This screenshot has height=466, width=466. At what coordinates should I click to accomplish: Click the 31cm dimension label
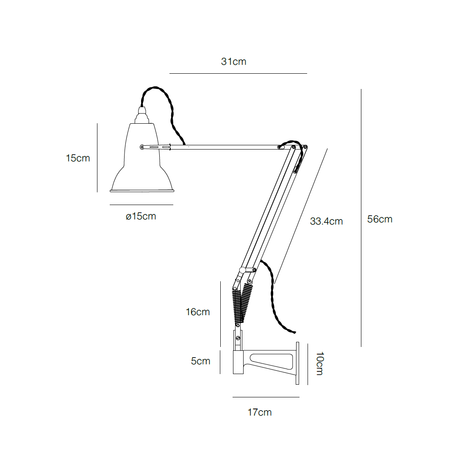point(233,61)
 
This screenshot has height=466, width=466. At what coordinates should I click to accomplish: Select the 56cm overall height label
point(380,219)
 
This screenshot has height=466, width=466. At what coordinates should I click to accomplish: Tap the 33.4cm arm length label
point(326,221)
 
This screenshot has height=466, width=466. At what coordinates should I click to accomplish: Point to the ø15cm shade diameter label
point(141,216)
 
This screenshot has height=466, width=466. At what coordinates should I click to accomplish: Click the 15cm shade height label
point(78,158)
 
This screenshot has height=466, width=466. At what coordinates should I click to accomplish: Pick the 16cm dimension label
point(197,312)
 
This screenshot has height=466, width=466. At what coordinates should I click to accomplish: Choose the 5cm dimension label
point(200,361)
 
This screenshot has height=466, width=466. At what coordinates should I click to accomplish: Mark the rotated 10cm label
point(320,363)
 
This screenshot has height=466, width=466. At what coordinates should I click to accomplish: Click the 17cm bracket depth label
point(260,412)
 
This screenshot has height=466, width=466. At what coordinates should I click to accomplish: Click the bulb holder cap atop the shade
point(142,115)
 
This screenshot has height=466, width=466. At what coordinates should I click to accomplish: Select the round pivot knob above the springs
point(242,270)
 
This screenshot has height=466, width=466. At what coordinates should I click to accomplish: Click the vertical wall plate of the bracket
point(297,363)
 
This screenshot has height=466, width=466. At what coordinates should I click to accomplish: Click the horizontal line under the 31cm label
point(238,74)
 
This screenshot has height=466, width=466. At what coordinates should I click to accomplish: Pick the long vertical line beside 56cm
point(361,218)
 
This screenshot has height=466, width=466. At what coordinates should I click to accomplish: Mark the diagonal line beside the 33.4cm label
point(301,216)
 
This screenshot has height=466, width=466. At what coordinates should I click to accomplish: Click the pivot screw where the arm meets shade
point(142,147)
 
